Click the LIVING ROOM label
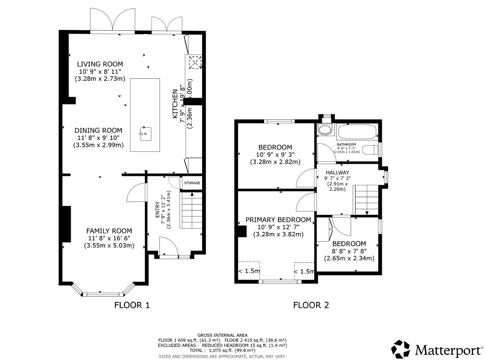pos(100,64)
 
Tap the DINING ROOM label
pos(98,130)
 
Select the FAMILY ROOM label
pos(109,231)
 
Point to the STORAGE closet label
pos(192,183)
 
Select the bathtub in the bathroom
pos(356,132)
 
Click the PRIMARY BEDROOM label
pos(278,220)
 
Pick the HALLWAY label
pos(337,173)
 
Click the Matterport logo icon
pos(400,349)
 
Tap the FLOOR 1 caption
pos(132,305)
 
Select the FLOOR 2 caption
pos(311,305)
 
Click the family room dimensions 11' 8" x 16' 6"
pos(109,239)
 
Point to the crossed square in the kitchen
pos(195,62)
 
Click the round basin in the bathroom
pos(325,130)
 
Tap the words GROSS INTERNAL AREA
pos(222,335)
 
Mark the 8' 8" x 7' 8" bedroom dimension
pos(349,251)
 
